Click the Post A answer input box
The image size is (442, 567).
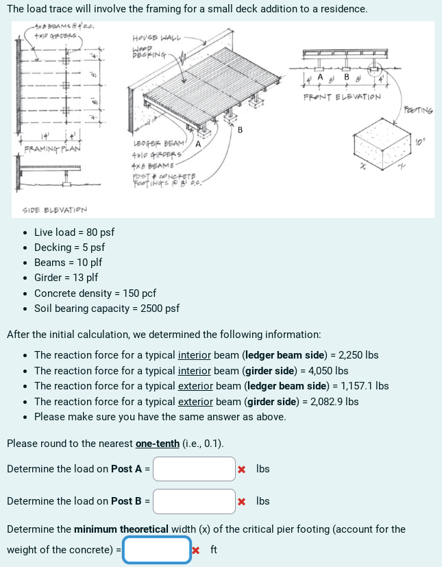[194, 469]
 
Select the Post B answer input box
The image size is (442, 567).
[194, 501]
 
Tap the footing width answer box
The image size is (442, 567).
[157, 550]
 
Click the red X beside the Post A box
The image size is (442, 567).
[242, 470]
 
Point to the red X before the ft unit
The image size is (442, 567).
[197, 550]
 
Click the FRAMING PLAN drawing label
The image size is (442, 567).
[52, 149]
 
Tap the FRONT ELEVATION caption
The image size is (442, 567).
[342, 97]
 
